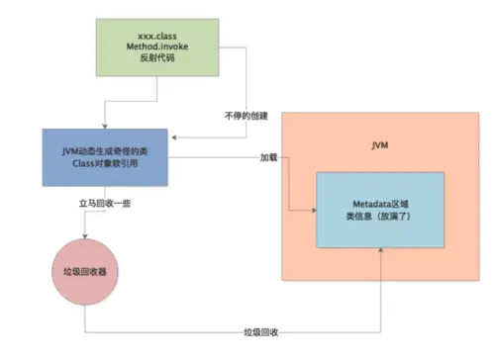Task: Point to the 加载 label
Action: (x=268, y=157)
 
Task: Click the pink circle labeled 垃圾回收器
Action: (x=85, y=272)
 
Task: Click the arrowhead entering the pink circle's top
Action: (x=85, y=236)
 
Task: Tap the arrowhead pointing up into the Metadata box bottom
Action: (x=381, y=253)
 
